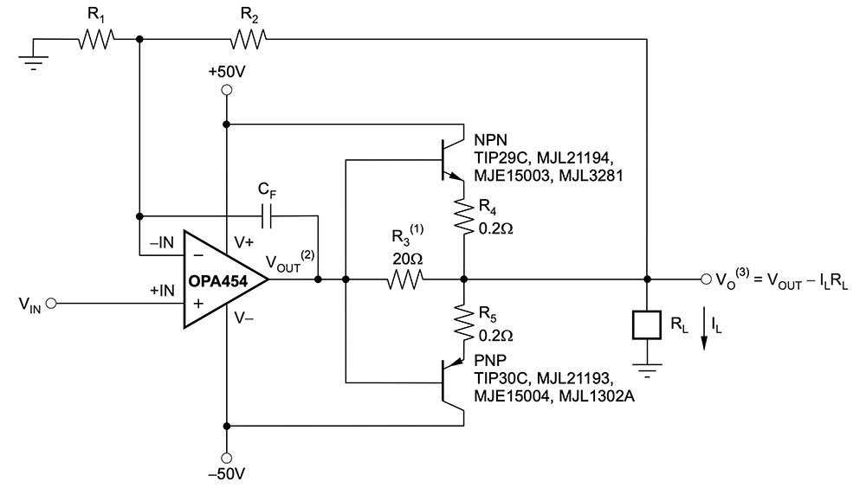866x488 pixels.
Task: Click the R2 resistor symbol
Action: [249, 38]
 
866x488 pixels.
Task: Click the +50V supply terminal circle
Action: [226, 89]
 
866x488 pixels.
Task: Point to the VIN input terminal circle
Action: [51, 305]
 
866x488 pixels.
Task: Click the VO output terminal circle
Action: [702, 280]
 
